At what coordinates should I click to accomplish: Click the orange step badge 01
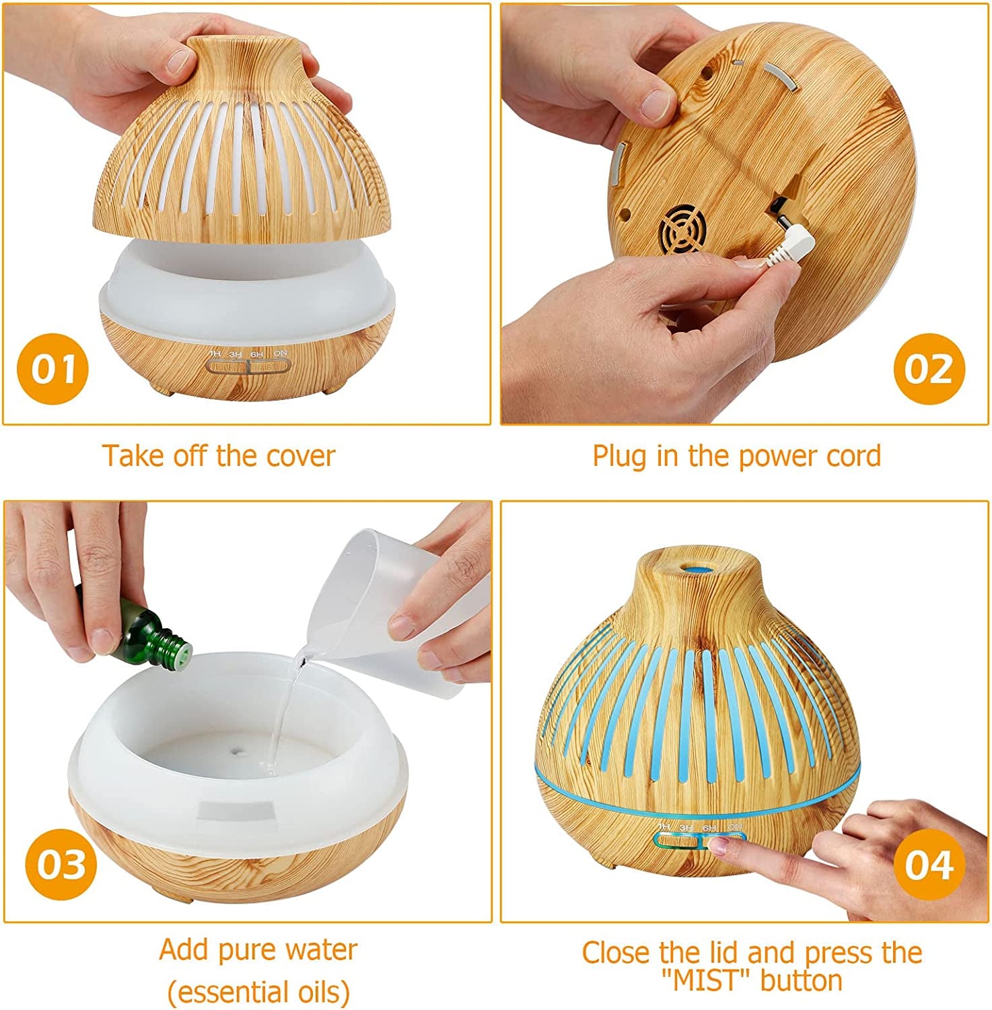52,369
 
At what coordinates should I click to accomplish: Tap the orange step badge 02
929,369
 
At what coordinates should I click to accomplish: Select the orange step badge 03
61,865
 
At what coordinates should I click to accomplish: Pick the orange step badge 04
929,865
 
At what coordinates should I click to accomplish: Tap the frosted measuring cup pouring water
377,606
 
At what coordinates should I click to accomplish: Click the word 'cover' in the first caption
300,456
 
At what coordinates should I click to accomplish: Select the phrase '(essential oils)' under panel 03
258,991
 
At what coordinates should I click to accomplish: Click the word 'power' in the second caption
778,456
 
